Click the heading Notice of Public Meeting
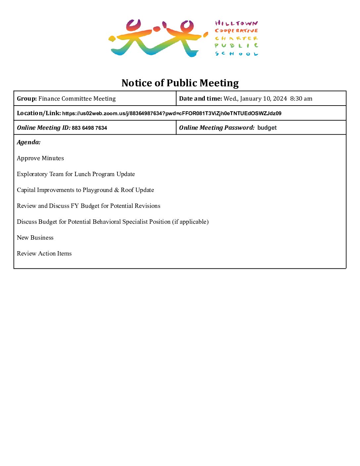pyautogui.click(x=180, y=83)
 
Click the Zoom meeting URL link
pyautogui.click(x=172, y=114)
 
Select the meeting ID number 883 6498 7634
pyautogui.click(x=89, y=128)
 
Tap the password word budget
pyautogui.click(x=267, y=128)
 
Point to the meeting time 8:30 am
pyautogui.click(x=301, y=99)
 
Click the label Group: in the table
pyautogui.click(x=27, y=99)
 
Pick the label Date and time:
pyautogui.click(x=200, y=99)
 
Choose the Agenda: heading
pyautogui.click(x=29, y=142)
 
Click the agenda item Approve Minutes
pyautogui.click(x=40, y=158)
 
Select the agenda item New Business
pyautogui.click(x=35, y=238)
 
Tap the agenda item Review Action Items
pyautogui.click(x=44, y=254)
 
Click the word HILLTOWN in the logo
pyautogui.click(x=236, y=23)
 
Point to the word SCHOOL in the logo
pyautogui.click(x=236, y=54)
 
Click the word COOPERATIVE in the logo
pyautogui.click(x=236, y=31)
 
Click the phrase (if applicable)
pyautogui.click(x=190, y=222)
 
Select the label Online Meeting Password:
pyautogui.click(x=217, y=128)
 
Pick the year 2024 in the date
pyautogui.click(x=280, y=99)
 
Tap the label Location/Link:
pyautogui.click(x=39, y=113)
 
